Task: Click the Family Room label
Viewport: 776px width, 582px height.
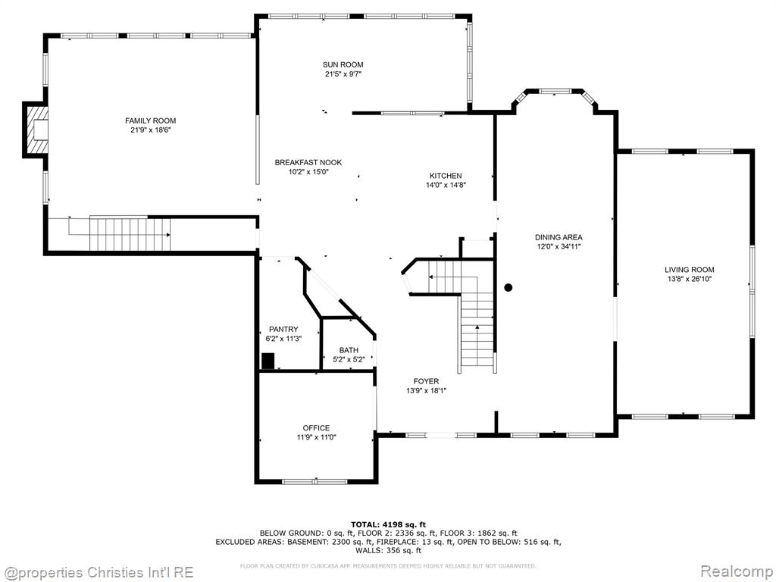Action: [x=151, y=120]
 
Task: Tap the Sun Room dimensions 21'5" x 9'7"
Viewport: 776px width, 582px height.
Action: [x=343, y=74]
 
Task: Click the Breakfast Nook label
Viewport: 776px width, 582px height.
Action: [x=308, y=162]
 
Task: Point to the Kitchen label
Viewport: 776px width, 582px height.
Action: [x=446, y=176]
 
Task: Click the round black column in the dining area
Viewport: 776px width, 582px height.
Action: [x=508, y=287]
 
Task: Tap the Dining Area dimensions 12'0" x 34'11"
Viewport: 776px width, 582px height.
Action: [x=559, y=246]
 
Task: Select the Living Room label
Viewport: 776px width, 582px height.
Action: [x=690, y=270]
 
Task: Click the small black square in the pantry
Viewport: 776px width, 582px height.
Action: [x=268, y=360]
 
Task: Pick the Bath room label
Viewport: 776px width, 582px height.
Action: [x=349, y=350]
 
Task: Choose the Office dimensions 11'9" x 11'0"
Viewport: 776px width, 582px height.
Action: [x=317, y=437]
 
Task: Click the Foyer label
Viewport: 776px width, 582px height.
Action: [x=426, y=381]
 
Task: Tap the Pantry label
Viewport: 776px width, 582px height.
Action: [x=283, y=329]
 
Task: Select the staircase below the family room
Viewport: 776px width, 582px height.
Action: [x=130, y=233]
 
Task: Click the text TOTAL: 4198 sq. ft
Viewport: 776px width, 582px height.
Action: [x=389, y=524]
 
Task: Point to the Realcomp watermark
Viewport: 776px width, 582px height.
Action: [x=737, y=571]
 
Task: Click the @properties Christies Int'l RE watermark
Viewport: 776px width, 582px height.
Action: [x=98, y=572]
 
